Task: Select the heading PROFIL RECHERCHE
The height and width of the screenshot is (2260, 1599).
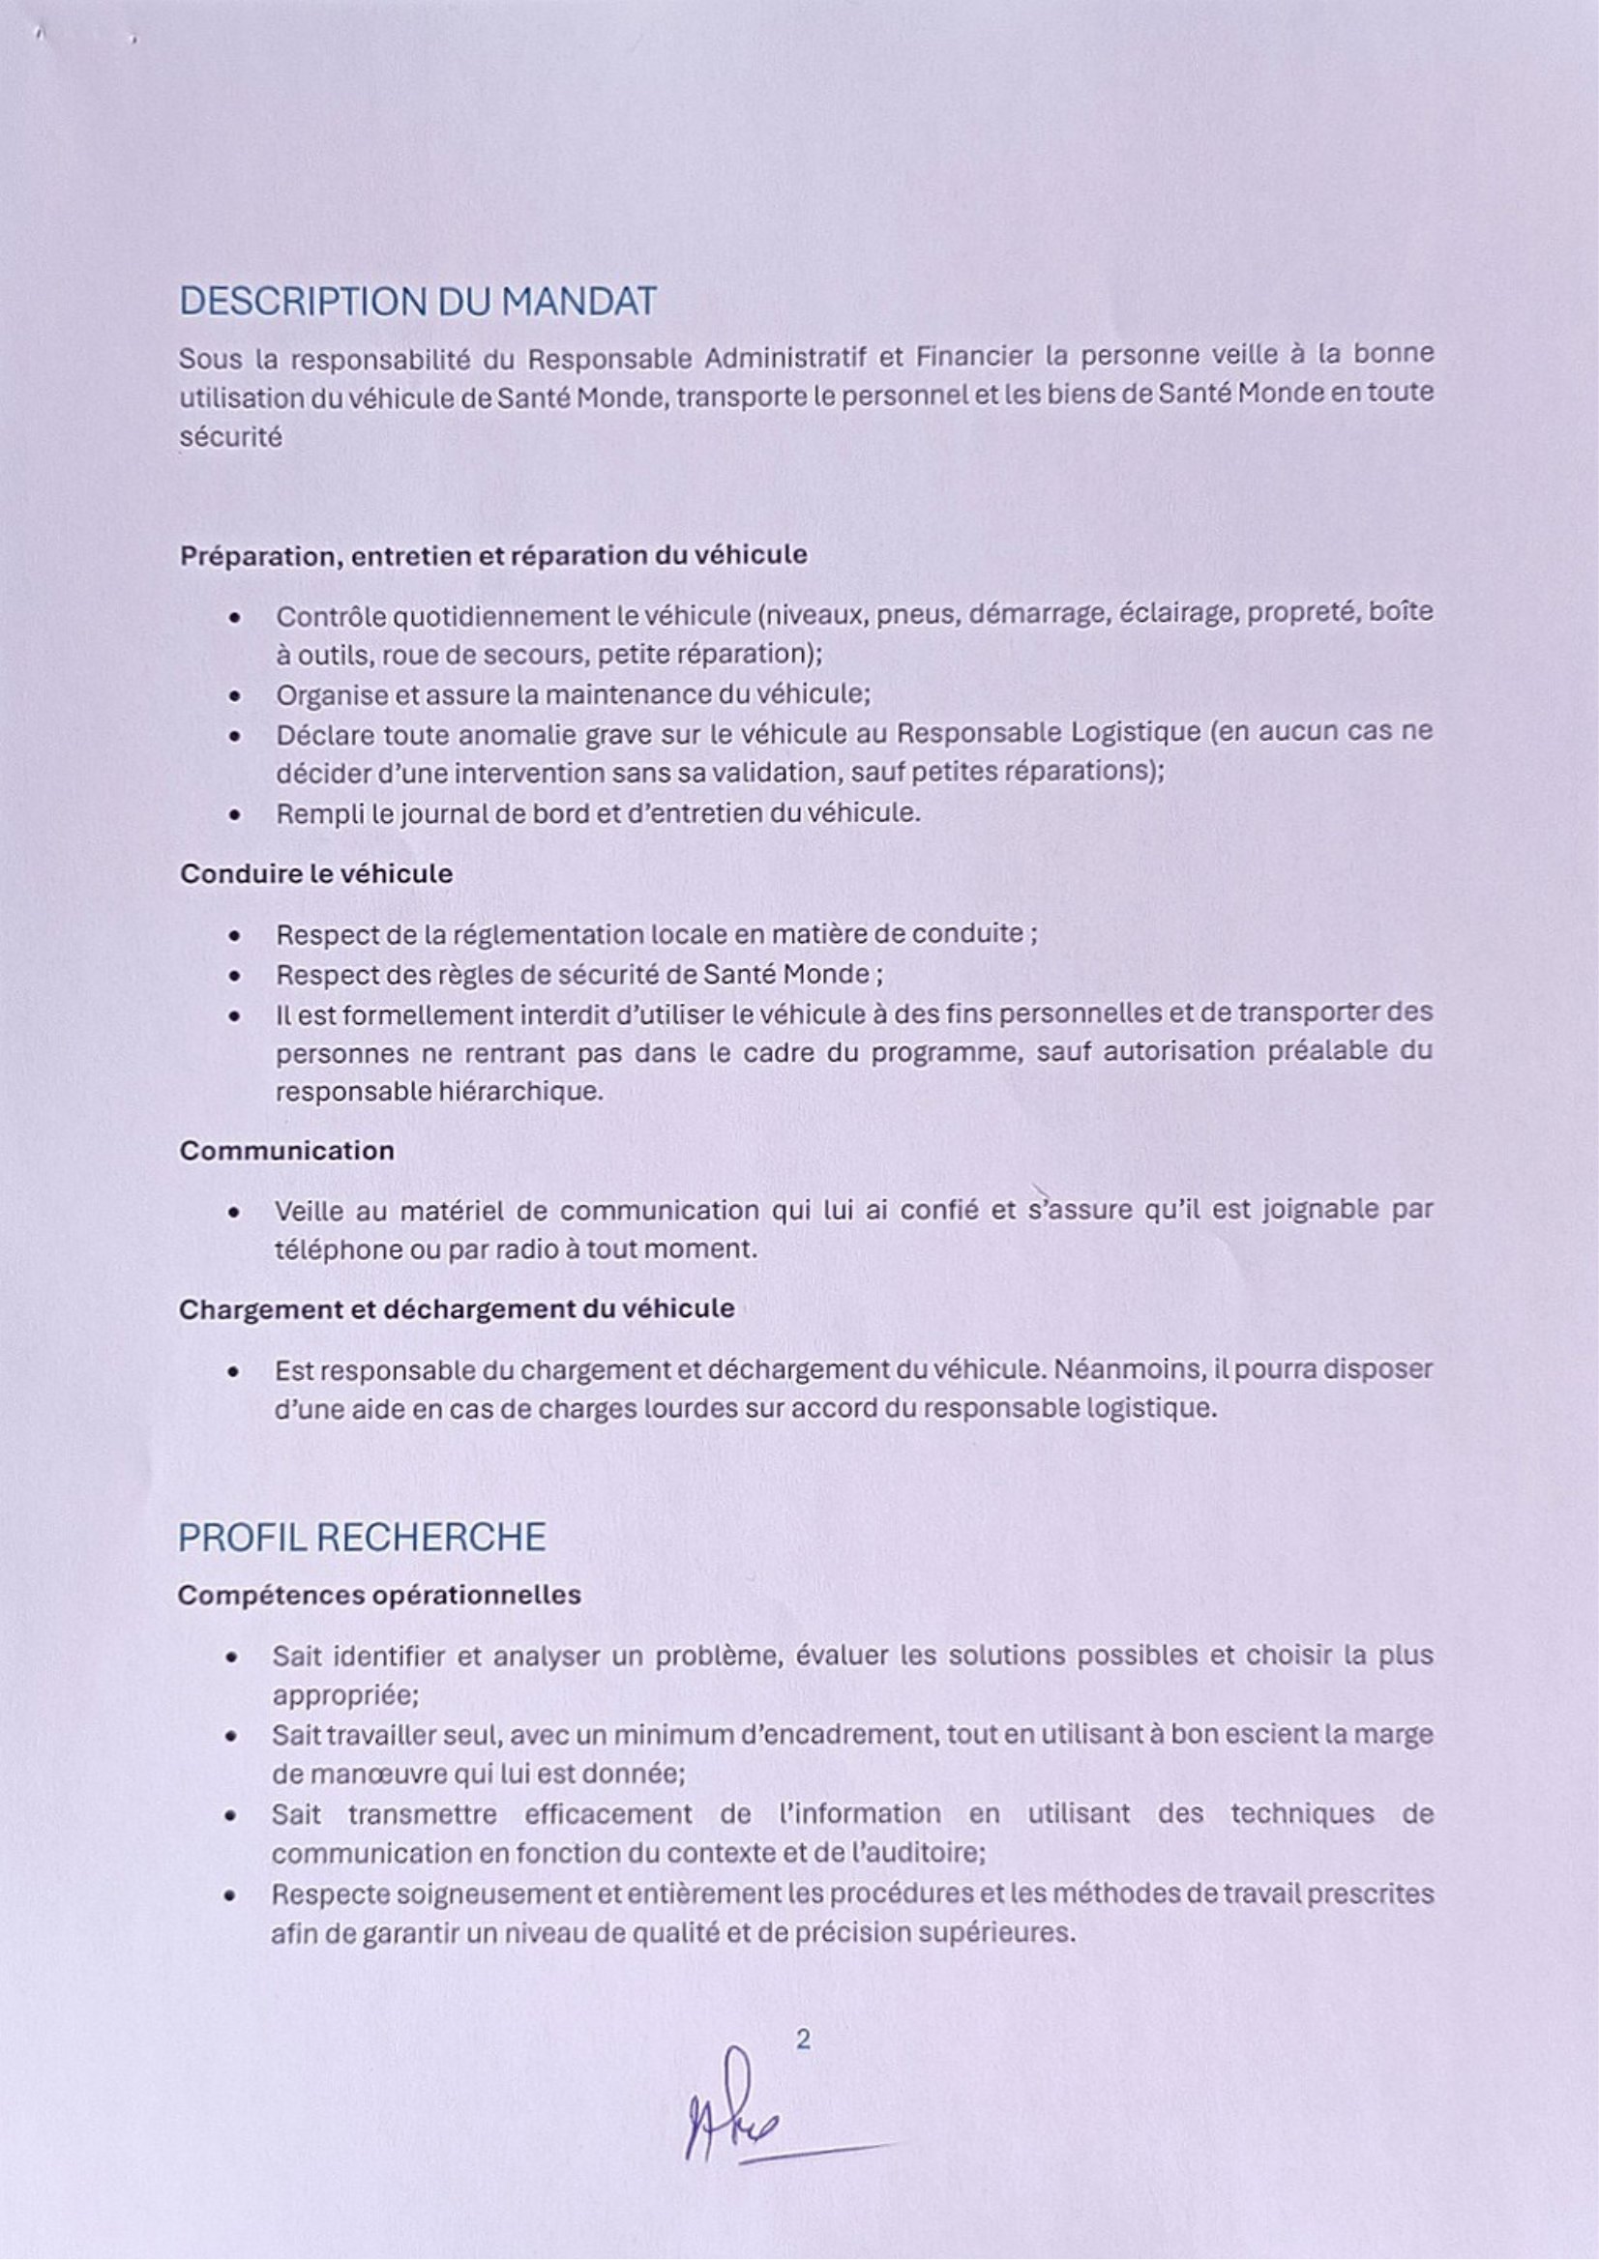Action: tap(362, 1538)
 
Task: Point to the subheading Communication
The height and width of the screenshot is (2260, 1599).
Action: tap(286, 1151)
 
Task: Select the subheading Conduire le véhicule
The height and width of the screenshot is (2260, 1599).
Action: tap(316, 874)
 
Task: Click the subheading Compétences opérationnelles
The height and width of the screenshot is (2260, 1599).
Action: tap(379, 1595)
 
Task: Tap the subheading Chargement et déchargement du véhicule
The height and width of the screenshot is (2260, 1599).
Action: tap(456, 1309)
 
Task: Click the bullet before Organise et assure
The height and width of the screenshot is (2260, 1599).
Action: tap(234, 696)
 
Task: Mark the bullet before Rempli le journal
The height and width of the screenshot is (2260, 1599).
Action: tap(234, 815)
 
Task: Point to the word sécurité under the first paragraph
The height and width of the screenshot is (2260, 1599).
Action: tap(230, 436)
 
